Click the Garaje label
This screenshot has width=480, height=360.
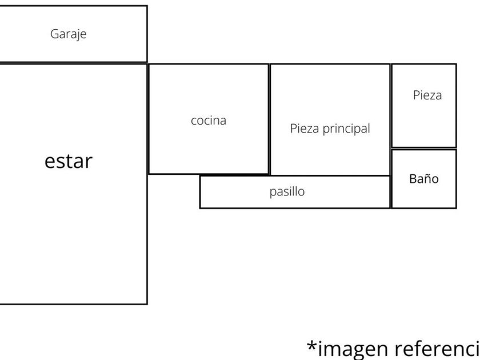point(68,34)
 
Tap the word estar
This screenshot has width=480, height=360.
point(68,161)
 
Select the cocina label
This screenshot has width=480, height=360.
point(208,121)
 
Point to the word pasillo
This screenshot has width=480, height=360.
point(287,191)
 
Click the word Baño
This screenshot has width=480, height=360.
point(423,179)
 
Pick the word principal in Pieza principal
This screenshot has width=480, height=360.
point(347,129)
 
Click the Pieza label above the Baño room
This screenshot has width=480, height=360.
point(427,95)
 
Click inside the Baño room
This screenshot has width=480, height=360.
point(423,194)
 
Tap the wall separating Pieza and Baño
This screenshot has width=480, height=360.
point(423,149)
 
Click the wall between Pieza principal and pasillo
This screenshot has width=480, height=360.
point(330,175)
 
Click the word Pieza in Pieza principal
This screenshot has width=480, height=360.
point(304,129)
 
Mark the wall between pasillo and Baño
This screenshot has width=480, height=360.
point(391,192)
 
